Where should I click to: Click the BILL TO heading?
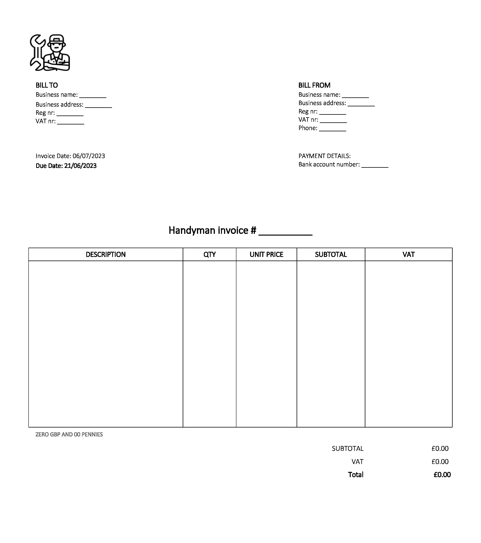47,85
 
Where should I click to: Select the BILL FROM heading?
314,85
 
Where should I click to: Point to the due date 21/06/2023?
80,166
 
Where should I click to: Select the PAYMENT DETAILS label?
324,156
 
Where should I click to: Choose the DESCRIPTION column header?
106,254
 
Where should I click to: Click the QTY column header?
209,254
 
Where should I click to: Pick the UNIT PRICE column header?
266,254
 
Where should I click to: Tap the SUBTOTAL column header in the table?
331,254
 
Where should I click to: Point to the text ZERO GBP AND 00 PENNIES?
69,434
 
